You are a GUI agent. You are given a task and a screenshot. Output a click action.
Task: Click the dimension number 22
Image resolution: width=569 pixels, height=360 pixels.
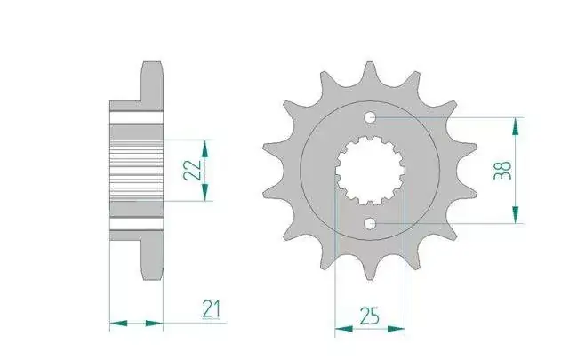pos(192,170)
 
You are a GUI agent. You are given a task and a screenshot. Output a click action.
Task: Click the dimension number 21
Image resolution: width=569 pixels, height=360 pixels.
pos(212,309)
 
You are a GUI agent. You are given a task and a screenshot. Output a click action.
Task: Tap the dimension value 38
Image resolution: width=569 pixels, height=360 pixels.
pos(502,171)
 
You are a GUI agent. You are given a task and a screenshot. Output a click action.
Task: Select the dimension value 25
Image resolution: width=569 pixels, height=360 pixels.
pos(370,316)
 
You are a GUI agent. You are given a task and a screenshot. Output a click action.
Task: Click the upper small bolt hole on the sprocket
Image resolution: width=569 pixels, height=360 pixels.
pos(370,117)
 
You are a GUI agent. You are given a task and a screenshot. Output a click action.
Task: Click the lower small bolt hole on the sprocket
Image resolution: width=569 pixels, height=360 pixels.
pos(370,223)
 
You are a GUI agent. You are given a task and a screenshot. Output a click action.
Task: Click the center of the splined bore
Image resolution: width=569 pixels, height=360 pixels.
pos(370,171)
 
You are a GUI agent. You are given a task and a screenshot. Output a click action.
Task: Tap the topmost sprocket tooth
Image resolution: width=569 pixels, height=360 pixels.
pos(370,73)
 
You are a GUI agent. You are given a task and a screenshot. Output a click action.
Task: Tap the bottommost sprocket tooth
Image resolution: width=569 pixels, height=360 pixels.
pos(370,268)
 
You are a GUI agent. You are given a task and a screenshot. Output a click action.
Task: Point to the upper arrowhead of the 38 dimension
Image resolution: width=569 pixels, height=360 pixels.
pos(516,126)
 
